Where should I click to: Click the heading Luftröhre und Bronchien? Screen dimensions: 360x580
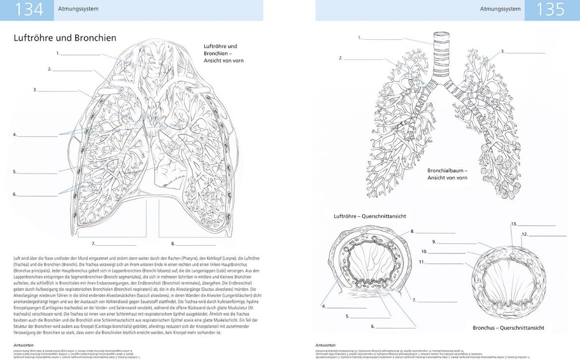click(65, 38)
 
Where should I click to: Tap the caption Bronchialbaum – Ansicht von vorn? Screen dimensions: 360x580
click(448, 174)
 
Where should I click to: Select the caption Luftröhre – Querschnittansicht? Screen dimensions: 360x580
click(370, 216)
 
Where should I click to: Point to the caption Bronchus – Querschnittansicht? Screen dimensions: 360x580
click(508, 328)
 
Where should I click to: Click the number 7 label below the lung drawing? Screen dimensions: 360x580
click(93, 243)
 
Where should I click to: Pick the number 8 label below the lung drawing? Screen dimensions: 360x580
click(173, 243)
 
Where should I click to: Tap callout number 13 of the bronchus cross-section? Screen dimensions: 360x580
click(514, 224)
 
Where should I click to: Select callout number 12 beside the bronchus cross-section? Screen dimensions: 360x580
click(524, 234)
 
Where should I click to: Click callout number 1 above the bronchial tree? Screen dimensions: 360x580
click(360, 37)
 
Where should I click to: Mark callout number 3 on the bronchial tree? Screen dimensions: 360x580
click(502, 51)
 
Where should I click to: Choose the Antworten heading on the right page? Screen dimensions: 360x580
click(325, 345)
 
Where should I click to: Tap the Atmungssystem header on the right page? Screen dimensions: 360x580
click(500, 9)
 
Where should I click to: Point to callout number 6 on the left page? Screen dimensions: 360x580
click(15, 194)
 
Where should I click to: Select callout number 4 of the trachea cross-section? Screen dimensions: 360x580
click(324, 306)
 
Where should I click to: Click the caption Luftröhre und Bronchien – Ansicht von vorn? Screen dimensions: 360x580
click(224, 53)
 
